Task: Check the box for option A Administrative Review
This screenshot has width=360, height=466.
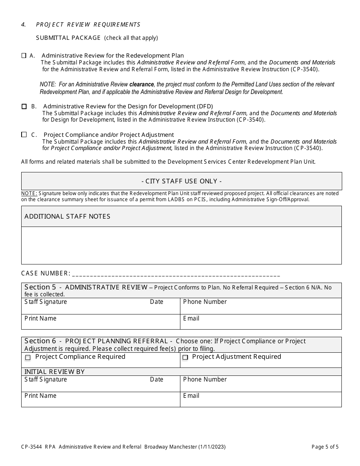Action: [x=24, y=56]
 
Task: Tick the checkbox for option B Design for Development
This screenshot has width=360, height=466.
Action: [x=24, y=106]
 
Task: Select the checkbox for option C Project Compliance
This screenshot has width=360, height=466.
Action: [x=24, y=134]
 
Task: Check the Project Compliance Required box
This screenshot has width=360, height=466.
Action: [x=28, y=357]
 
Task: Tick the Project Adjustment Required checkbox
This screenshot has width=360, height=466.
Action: [x=185, y=357]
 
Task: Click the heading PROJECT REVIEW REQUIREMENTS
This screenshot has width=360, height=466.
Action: [x=88, y=25]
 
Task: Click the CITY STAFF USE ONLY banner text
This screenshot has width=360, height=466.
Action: [x=182, y=181]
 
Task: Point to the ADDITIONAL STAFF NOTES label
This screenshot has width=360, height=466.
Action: [x=67, y=216]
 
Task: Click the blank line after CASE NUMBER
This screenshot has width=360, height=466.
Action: [x=176, y=274]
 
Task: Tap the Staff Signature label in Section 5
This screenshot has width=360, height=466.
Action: [x=45, y=302]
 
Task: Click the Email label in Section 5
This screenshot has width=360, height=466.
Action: [x=191, y=319]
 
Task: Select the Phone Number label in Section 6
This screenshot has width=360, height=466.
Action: [x=205, y=380]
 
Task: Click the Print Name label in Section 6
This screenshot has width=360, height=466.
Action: [x=40, y=396]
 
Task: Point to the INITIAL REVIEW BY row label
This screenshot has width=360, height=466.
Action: [x=55, y=372]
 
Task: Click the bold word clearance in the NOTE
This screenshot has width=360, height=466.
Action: [x=142, y=84]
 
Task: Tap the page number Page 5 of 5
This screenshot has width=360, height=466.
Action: [x=325, y=447]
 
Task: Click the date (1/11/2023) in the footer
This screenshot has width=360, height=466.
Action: [x=212, y=447]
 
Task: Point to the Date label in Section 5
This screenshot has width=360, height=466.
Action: [x=157, y=302]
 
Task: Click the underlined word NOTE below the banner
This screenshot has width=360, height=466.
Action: [x=29, y=194]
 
